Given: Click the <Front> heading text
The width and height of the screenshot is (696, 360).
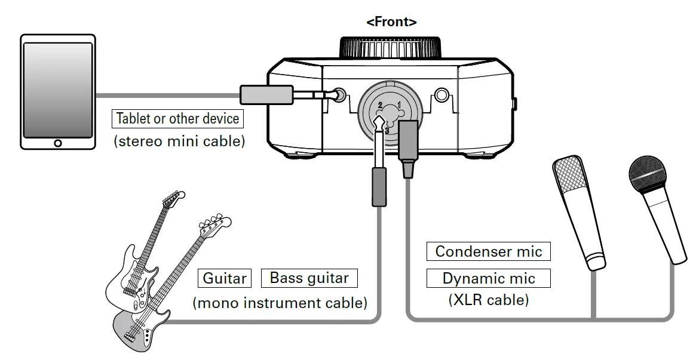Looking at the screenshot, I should click(x=391, y=22).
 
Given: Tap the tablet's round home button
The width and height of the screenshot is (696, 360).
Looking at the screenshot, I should click(x=57, y=143).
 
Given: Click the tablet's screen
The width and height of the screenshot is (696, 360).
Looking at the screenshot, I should click(x=57, y=90).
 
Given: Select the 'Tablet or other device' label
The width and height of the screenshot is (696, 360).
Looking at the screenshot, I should click(x=177, y=118).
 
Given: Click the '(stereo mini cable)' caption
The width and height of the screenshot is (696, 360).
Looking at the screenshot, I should click(x=179, y=143).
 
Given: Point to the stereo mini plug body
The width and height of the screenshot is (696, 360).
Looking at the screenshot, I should click(x=265, y=94).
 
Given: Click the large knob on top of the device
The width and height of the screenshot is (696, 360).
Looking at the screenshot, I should click(x=391, y=48).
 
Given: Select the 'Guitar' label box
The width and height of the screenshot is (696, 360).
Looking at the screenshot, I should click(x=225, y=278).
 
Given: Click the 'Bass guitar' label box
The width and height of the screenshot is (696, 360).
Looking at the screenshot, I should click(x=309, y=278).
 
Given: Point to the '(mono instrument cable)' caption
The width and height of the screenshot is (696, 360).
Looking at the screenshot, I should click(x=280, y=303).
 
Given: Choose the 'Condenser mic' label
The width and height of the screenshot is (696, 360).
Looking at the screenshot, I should click(x=488, y=251).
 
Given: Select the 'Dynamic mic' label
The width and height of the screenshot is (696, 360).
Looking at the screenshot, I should click(x=488, y=278).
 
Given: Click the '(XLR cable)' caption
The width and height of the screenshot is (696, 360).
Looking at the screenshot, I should click(x=488, y=300).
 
